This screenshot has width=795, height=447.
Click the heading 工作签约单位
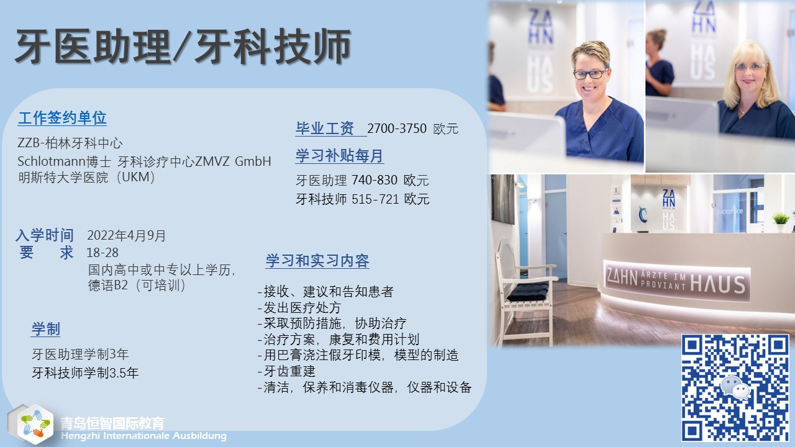point(62,118)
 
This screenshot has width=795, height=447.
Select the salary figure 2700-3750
point(397,129)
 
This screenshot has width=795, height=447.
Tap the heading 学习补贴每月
point(339,156)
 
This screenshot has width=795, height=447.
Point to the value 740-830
point(375,180)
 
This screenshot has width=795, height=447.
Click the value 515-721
point(375,199)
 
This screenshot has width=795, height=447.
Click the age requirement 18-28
point(102,253)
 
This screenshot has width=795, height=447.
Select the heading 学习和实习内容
point(317,261)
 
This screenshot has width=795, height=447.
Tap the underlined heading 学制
point(46,329)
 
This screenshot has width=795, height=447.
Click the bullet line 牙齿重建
point(286,371)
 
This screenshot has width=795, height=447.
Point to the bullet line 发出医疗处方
point(299,307)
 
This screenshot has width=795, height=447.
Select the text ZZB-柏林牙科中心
point(70,143)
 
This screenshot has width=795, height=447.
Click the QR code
point(735,387)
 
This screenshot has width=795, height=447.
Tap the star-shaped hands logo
point(35,423)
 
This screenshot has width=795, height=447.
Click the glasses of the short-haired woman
point(589,74)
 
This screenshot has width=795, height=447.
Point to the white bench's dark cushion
point(527,292)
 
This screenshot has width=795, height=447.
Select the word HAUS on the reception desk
point(717,284)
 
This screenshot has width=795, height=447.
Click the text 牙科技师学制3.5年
point(85,373)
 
